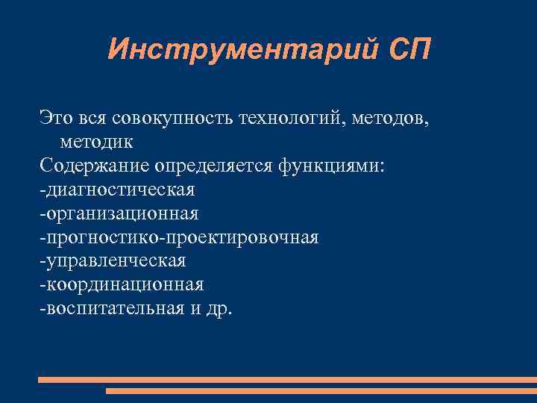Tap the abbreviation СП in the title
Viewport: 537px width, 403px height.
tap(409, 50)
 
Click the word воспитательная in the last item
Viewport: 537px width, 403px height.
tap(113, 309)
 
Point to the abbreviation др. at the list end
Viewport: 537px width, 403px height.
tap(219, 310)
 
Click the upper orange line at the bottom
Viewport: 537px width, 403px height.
tap(287, 380)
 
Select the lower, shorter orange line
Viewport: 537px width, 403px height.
tap(321, 390)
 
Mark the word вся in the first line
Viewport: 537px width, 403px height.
tap(93, 117)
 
